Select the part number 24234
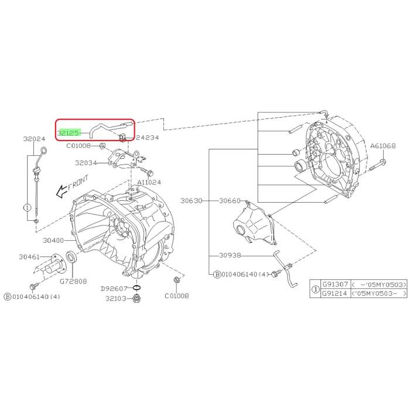(148, 138)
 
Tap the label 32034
(86, 163)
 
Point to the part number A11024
(150, 182)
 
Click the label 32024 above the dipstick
(35, 139)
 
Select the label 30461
(30, 257)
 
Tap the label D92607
(114, 288)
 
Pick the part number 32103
(116, 298)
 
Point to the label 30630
(191, 201)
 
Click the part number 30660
(230, 201)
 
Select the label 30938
(230, 255)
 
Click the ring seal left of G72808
(70, 256)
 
